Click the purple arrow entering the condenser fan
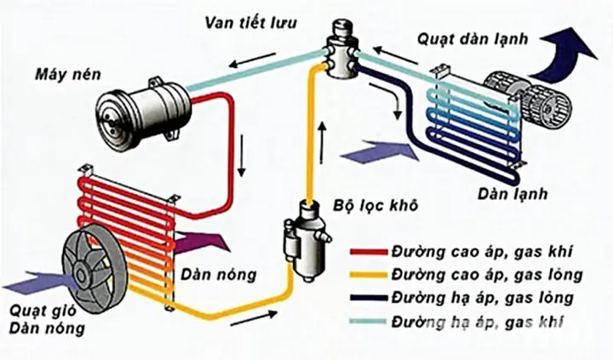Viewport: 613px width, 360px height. (x=26, y=277)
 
